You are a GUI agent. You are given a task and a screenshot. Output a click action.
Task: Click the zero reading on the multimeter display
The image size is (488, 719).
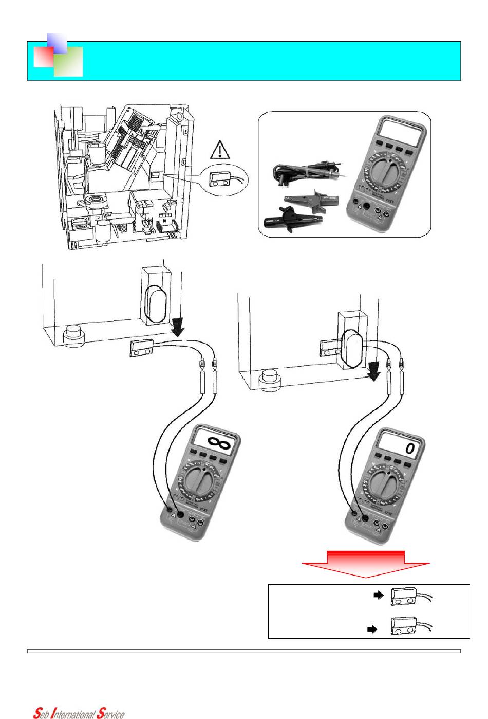click(410, 448)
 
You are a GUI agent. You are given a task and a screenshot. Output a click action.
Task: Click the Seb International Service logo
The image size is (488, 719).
click(79, 713)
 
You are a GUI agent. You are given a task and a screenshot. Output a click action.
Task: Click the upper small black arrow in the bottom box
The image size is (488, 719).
click(378, 595)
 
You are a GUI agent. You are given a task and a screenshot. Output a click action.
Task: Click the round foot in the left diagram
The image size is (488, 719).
click(73, 336)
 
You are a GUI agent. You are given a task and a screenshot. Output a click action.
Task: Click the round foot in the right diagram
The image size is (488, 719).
click(270, 380)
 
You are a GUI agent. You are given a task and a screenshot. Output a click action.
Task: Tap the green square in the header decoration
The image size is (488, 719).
click(68, 61)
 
